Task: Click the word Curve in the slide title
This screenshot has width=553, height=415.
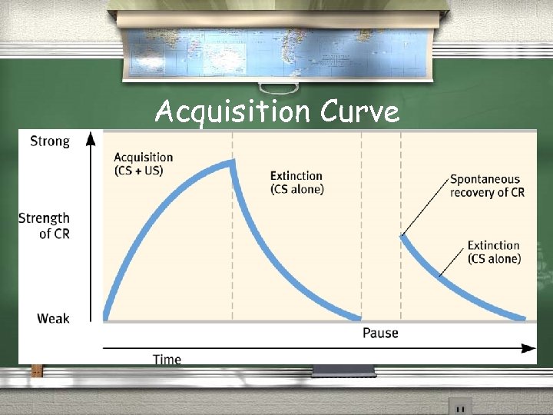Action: tap(360, 112)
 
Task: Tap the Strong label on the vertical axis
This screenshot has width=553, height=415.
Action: tap(50, 141)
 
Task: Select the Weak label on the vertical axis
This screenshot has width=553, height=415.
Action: tap(53, 318)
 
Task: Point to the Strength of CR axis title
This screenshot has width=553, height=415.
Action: tap(45, 226)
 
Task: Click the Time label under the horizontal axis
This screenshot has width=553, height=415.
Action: tap(167, 359)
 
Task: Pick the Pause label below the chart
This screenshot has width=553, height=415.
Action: tap(380, 333)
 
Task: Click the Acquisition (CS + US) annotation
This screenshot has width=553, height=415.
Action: tap(144, 164)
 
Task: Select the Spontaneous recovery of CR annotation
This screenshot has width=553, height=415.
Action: tap(487, 186)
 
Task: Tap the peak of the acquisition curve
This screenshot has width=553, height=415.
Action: tap(231, 162)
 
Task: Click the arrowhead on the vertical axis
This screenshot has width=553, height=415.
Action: tap(91, 138)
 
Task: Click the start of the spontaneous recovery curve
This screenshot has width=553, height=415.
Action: tap(402, 237)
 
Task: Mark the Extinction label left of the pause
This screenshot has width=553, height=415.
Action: tap(296, 183)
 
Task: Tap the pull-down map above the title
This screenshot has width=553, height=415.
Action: tap(276, 46)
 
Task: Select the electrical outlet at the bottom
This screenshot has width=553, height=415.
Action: tap(460, 407)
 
